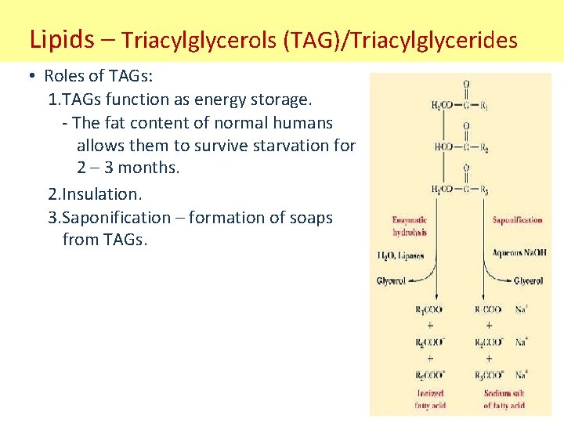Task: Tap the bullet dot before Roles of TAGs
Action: pos(29,76)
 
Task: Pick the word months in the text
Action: pos(146,168)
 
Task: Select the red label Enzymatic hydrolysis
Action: pos(410,226)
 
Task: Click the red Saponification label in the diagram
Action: pos(517,220)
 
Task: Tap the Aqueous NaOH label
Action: pos(519,252)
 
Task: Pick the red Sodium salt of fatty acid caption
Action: pos(504,399)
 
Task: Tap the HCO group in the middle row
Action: pos(443,147)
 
